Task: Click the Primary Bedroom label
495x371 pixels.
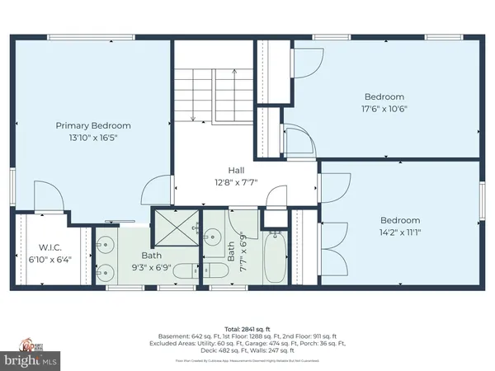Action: (x=92, y=125)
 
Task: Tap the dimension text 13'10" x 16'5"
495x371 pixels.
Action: (x=92, y=139)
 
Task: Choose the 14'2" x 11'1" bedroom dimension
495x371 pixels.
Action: (x=400, y=233)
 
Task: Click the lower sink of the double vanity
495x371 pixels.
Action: (x=103, y=273)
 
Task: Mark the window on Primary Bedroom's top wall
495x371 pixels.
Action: (x=91, y=37)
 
